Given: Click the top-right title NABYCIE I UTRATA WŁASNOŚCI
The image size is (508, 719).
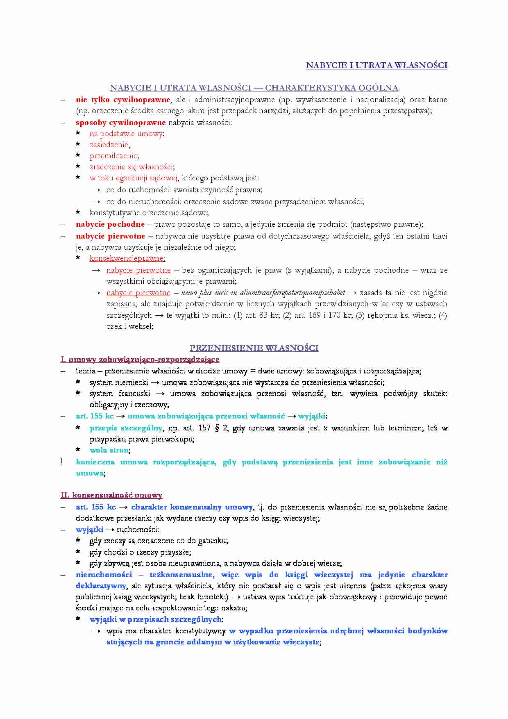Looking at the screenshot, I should click(x=376, y=66).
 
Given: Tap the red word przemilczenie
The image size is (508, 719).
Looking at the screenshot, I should click(x=113, y=156).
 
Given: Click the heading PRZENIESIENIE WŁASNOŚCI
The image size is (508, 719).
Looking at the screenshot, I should click(x=254, y=348).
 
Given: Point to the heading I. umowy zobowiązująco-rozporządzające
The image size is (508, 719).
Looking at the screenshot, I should click(x=140, y=359).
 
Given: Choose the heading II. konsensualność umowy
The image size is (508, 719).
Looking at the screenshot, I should click(x=111, y=495).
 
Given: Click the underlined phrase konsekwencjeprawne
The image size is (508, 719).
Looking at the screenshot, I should click(x=127, y=258).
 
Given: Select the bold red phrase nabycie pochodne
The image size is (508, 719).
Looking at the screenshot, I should click(x=110, y=224).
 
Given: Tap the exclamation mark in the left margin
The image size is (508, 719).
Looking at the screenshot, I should click(x=62, y=462).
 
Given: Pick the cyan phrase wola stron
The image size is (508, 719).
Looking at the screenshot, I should click(x=109, y=450).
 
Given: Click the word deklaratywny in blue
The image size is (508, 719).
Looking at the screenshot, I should click(x=100, y=586).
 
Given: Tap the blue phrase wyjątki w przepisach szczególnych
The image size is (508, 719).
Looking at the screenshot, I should click(x=156, y=619).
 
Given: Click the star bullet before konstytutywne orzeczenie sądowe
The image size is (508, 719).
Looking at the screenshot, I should click(x=78, y=213).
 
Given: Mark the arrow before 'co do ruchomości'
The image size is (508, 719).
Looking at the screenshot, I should click(x=96, y=190).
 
